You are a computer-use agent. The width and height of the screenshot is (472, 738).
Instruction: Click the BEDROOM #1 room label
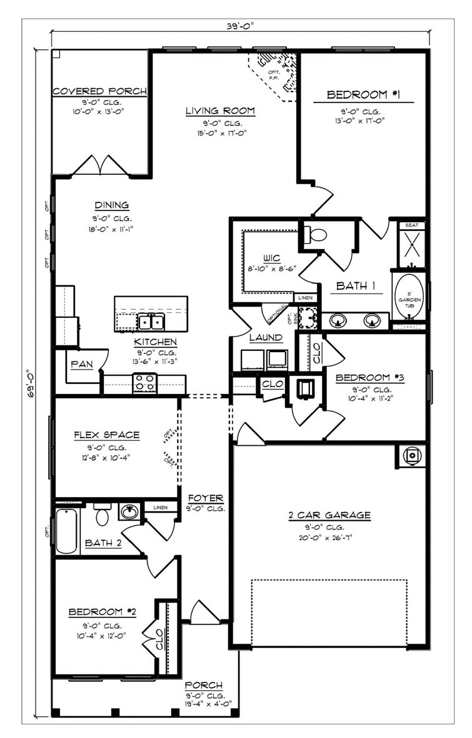pyautogui.click(x=363, y=95)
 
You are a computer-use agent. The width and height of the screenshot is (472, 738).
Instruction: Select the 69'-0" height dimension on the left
pyautogui.click(x=28, y=386)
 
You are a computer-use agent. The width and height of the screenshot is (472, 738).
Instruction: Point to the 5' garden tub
pyautogui.click(x=410, y=296)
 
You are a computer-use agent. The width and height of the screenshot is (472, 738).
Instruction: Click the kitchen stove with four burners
pyautogui.click(x=144, y=382)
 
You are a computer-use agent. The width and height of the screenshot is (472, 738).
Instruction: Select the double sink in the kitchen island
pyautogui.click(x=151, y=322)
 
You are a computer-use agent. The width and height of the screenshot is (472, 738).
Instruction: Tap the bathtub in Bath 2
pyautogui.click(x=66, y=531)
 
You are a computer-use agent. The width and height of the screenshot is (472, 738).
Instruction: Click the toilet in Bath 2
pyautogui.click(x=102, y=515)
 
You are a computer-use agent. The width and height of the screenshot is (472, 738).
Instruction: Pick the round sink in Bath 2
pyautogui.click(x=129, y=512)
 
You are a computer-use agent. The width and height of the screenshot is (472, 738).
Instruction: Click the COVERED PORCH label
pyautogui.click(x=99, y=91)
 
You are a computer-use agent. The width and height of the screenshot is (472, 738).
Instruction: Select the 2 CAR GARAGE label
pyautogui.click(x=329, y=515)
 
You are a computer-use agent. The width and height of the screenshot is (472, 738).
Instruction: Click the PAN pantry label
pyautogui.click(x=81, y=365)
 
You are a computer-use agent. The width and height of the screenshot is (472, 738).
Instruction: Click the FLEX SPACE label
pyautogui.click(x=106, y=435)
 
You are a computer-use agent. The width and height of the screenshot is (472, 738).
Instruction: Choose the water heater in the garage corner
pyautogui.click(x=411, y=456)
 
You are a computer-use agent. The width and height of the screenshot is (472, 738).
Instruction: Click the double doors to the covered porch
pyautogui.click(x=101, y=166)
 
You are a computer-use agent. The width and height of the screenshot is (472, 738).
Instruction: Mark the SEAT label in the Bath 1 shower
pyautogui.click(x=412, y=225)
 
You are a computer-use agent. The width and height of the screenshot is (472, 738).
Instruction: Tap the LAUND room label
pyautogui.click(x=266, y=338)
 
